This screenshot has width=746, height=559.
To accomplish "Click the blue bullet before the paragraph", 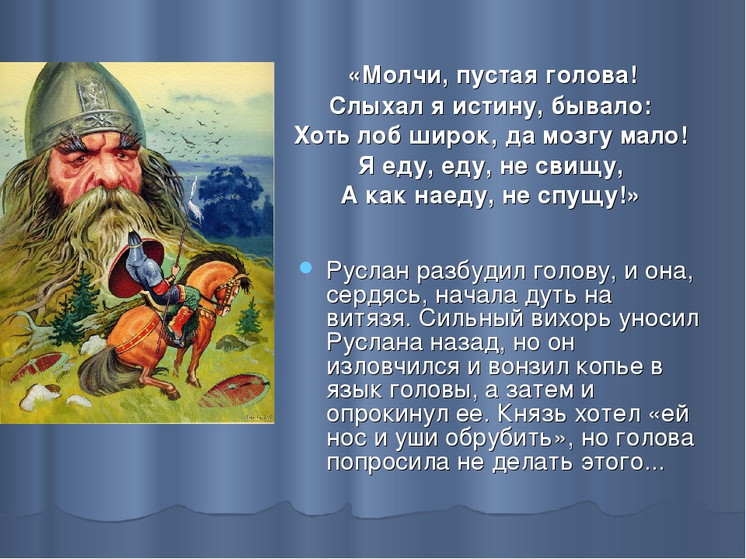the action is coord(306,267).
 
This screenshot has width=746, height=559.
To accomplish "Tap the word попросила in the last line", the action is coord(388,462).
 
